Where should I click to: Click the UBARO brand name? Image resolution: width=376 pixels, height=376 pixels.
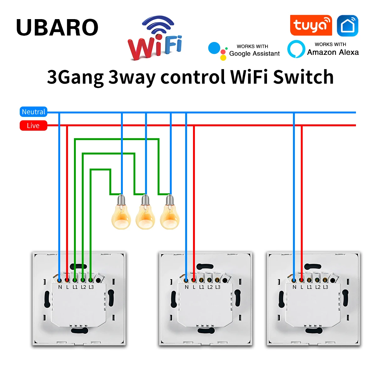coord(57,28)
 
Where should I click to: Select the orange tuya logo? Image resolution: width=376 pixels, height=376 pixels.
coord(311,25)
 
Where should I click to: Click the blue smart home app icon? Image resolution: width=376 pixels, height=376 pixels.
coord(347,26)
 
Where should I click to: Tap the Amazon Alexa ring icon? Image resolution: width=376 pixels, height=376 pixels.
coord(296,49)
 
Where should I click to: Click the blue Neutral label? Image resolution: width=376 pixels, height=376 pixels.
coord(33,112)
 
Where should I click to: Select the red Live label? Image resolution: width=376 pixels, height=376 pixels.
coord(33,126)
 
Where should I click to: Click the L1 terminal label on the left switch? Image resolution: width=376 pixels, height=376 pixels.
coord(75,287)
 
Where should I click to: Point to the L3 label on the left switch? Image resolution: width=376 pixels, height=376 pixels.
coord(91,287)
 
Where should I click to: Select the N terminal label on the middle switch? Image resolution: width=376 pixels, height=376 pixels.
coord(186,287)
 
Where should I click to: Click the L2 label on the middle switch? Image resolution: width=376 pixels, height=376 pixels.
coord(210,287)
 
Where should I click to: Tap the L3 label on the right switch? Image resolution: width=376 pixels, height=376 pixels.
coord(326,287)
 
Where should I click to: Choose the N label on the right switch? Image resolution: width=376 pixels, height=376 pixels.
coord(294,287)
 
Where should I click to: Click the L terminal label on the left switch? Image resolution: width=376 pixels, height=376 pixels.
coord(67,287)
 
